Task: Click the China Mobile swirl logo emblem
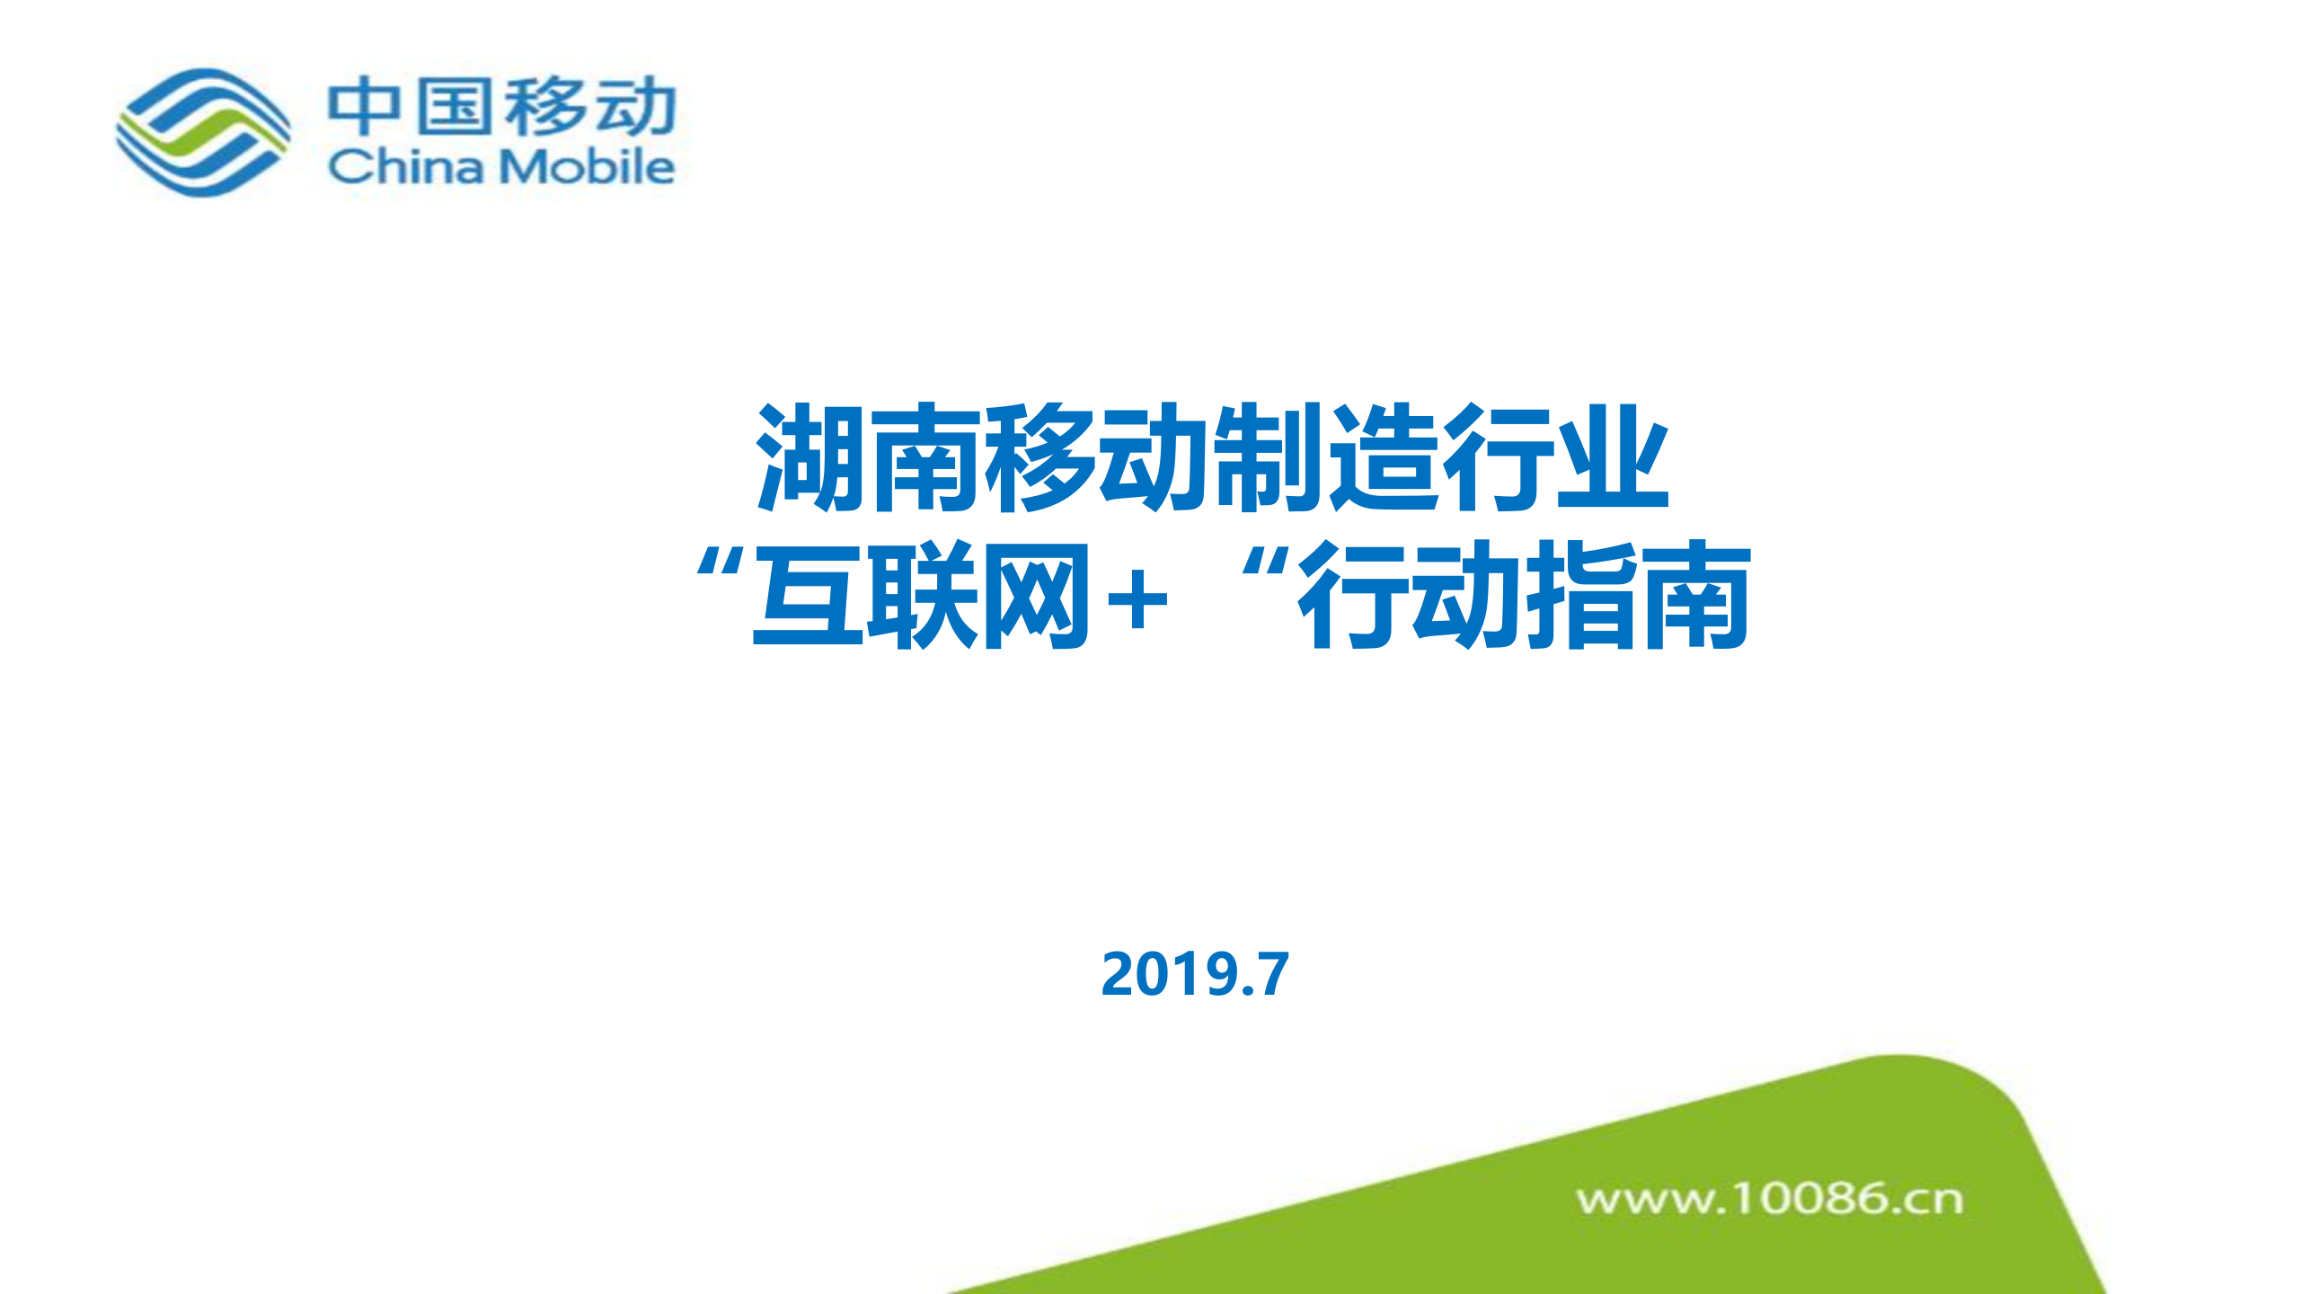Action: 203,132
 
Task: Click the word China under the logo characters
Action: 405,167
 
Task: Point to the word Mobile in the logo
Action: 587,167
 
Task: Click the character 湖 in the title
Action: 811,458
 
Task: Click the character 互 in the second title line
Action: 809,596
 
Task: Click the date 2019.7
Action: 1195,974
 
